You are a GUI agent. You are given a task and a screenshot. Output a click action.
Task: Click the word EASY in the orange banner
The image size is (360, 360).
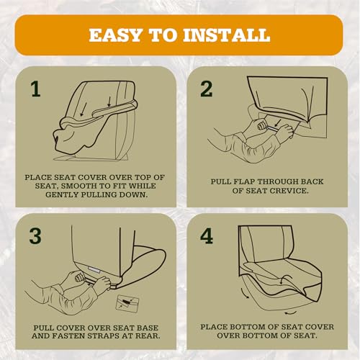pos(115,35)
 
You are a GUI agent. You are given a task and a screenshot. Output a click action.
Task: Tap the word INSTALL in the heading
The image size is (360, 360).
pos(227,35)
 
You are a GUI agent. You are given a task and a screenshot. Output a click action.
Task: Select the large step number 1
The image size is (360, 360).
pos(36,89)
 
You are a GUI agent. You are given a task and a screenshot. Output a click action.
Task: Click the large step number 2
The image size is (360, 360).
pos(207,89)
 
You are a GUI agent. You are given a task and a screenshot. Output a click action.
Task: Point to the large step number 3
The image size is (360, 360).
pos(35,236)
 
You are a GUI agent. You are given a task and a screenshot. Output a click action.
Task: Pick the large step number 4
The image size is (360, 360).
pos(207,236)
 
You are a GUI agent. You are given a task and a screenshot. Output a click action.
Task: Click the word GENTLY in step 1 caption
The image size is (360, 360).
pos(61,194)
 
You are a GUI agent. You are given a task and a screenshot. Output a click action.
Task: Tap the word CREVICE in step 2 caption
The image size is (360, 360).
pos(289,191)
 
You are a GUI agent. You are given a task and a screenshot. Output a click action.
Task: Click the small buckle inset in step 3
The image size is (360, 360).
pos(127,304)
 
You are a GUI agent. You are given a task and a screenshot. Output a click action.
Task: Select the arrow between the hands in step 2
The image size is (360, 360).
pos(277,123)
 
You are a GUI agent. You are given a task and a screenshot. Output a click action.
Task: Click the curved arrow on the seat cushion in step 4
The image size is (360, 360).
pos(284,280)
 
